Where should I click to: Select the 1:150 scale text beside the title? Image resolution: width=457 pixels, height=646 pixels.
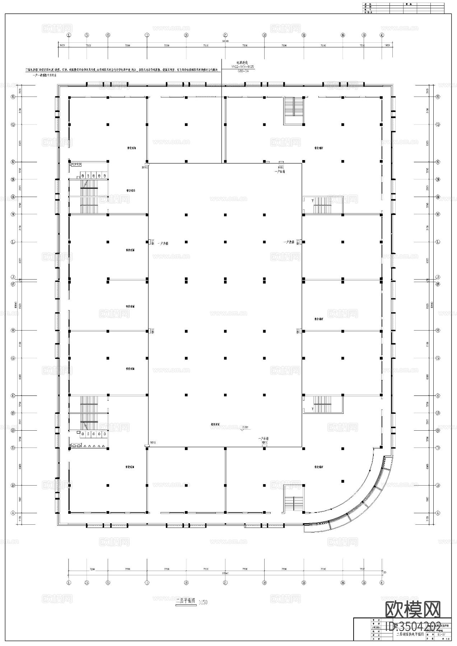203,602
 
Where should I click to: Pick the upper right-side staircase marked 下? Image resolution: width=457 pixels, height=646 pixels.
322,205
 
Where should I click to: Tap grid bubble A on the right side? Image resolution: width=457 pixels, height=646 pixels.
438,513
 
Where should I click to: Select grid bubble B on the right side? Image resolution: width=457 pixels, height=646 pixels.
438,485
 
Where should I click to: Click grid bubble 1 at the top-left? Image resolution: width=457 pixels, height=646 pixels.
69,35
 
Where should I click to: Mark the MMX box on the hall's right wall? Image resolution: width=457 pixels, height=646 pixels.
298,331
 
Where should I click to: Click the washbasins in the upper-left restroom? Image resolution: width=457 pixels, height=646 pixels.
76,164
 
